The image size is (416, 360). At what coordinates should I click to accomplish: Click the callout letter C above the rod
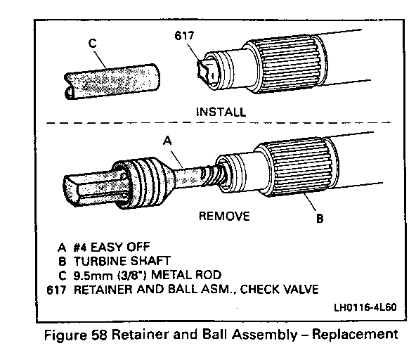[x=92, y=43]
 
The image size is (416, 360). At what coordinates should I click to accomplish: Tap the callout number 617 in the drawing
[x=184, y=36]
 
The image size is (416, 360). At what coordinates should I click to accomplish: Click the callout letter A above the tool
[x=167, y=141]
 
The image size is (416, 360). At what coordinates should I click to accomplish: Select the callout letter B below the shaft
[x=320, y=219]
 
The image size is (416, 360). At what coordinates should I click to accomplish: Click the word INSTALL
[x=221, y=112]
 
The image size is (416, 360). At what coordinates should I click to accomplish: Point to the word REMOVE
[x=224, y=216]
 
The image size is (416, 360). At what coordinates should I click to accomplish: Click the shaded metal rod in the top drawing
[x=112, y=82]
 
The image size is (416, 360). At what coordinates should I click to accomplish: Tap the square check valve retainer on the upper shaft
[x=208, y=71]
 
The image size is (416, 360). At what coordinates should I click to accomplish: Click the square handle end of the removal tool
[x=90, y=188]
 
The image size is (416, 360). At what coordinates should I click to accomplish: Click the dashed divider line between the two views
[x=218, y=123]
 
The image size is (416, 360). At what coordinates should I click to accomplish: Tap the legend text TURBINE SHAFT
[x=122, y=262]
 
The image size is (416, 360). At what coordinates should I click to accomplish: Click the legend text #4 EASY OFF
[x=112, y=247]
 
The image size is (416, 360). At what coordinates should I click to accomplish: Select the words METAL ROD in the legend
[x=186, y=275]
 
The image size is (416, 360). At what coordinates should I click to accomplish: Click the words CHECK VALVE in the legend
[x=280, y=289]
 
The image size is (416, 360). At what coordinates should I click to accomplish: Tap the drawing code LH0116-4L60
[x=365, y=307]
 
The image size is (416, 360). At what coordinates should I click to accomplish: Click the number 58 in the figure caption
[x=99, y=335]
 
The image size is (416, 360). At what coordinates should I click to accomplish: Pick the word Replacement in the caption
[x=355, y=335]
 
